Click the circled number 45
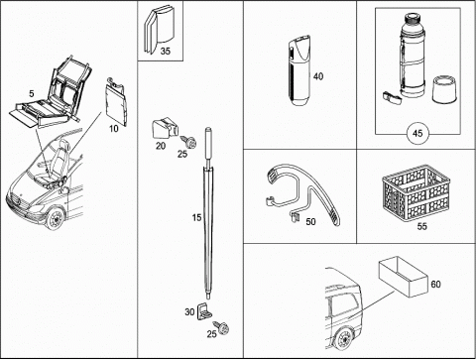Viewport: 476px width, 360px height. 417,133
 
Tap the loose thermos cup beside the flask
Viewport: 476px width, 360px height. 445,89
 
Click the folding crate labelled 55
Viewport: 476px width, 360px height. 416,193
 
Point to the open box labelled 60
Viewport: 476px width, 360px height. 403,276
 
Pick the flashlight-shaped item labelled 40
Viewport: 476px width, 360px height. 299,70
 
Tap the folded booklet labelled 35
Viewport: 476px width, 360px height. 159,29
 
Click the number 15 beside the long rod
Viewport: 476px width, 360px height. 196,217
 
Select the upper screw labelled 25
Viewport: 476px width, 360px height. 189,142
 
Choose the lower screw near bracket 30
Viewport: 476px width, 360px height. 222,327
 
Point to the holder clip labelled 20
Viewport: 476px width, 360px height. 165,128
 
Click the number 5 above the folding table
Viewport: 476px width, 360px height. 32,93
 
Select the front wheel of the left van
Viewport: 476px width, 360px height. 55,219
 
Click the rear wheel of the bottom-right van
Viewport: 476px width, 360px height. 344,339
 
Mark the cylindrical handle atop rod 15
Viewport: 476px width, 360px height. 208,142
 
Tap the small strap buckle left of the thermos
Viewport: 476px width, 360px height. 392,97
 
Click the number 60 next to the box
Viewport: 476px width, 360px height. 435,284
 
